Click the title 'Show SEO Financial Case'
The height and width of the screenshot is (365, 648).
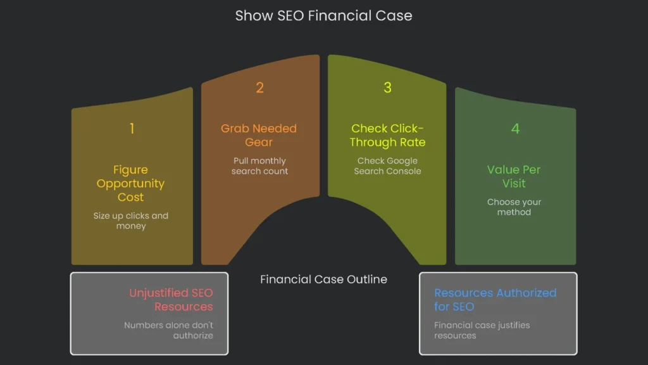(323, 16)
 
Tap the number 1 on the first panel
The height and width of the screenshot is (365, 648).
(132, 129)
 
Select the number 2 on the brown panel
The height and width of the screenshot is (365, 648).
(259, 87)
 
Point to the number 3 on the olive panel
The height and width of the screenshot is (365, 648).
(387, 87)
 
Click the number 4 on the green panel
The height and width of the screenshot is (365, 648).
(515, 129)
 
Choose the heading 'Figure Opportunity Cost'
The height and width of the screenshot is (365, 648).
(131, 183)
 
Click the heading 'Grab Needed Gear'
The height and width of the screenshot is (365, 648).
(259, 135)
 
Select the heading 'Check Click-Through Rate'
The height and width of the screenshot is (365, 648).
(387, 135)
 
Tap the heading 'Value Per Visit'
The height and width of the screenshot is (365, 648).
(514, 176)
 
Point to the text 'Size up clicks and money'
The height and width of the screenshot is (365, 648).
(131, 221)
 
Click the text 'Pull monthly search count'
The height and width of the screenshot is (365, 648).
(259, 166)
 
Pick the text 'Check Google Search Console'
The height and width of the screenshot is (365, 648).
(387, 166)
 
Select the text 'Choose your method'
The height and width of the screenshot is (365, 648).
(514, 207)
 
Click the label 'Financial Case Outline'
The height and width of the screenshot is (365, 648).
(323, 279)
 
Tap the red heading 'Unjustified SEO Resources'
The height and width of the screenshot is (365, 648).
(171, 300)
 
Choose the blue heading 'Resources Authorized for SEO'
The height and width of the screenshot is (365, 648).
(495, 300)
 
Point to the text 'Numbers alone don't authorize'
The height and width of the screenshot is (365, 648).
(169, 330)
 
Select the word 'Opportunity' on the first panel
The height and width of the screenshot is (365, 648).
(131, 184)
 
